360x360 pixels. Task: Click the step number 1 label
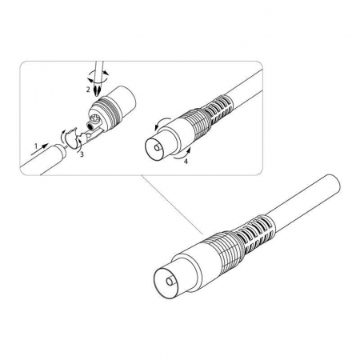(x=36, y=146)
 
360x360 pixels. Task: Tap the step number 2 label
(x=88, y=90)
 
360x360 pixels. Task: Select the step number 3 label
(x=82, y=154)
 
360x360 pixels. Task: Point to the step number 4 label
(x=186, y=162)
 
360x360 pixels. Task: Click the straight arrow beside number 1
(x=40, y=149)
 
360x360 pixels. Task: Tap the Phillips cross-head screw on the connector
(x=95, y=118)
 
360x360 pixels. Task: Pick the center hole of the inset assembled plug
(x=158, y=147)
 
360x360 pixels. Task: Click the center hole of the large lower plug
(x=170, y=282)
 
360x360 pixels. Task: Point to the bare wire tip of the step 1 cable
(x=66, y=146)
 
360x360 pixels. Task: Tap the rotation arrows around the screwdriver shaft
(x=98, y=75)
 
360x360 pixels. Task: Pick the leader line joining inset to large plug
(x=172, y=204)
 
